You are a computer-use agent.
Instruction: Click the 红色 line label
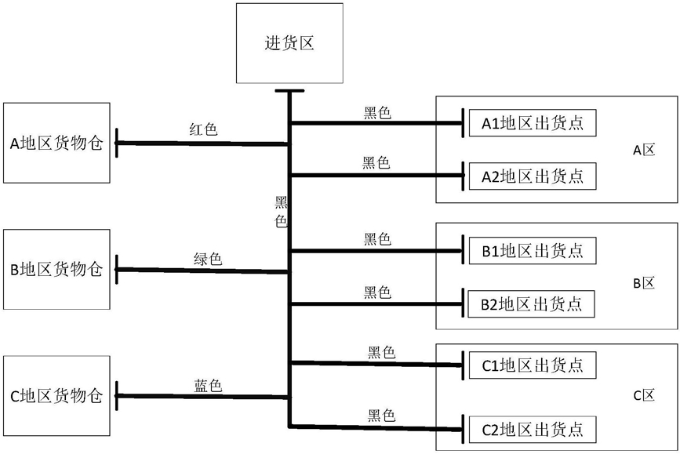[203, 129]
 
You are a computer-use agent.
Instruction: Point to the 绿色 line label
[208, 259]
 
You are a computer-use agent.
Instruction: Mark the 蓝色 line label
[208, 385]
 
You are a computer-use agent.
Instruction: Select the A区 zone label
[644, 150]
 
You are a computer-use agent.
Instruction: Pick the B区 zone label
[644, 283]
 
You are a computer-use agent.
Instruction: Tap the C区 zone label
[644, 395]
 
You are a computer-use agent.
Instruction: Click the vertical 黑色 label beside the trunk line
[281, 211]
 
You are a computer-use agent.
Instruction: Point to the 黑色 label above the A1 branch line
[377, 113]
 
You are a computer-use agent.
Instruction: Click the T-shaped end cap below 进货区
[289, 91]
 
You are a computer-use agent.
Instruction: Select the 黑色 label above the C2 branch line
[381, 415]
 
